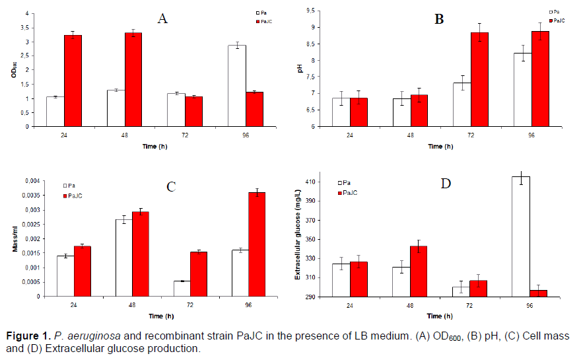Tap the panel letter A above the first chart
pos(162,18)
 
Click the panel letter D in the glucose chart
pos(446,183)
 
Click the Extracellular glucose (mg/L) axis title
pos(298,238)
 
